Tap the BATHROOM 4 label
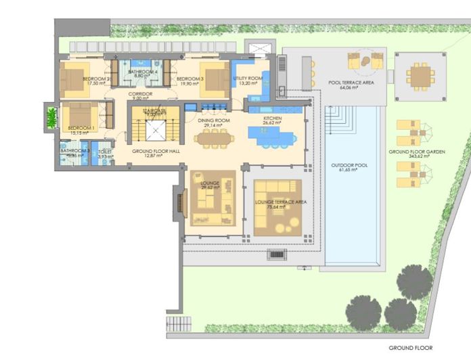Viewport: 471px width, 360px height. pos(143,72)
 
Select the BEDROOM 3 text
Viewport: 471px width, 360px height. pos(189,79)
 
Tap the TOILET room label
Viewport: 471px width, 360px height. pos(106,152)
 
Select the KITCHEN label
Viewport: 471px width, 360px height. pos(272,120)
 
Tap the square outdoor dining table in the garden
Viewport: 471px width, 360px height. pos(421,76)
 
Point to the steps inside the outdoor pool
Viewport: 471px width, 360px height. pos(338,121)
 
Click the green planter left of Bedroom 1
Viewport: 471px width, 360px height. pos(50,118)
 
